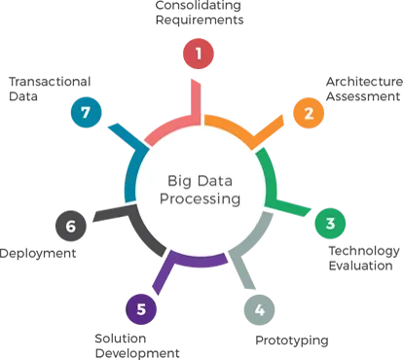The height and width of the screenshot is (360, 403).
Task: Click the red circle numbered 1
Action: [x=199, y=54]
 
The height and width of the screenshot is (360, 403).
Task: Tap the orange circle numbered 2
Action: [x=309, y=114]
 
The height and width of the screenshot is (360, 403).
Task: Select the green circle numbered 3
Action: [x=330, y=223]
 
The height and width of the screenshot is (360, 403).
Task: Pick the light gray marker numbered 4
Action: [x=260, y=311]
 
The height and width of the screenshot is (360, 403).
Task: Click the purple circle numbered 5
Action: [x=141, y=310]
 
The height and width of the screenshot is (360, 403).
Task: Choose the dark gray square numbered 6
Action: [x=70, y=227]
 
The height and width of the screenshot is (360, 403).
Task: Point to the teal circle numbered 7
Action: [x=87, y=113]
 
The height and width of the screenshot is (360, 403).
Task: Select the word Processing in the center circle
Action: [x=201, y=199]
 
